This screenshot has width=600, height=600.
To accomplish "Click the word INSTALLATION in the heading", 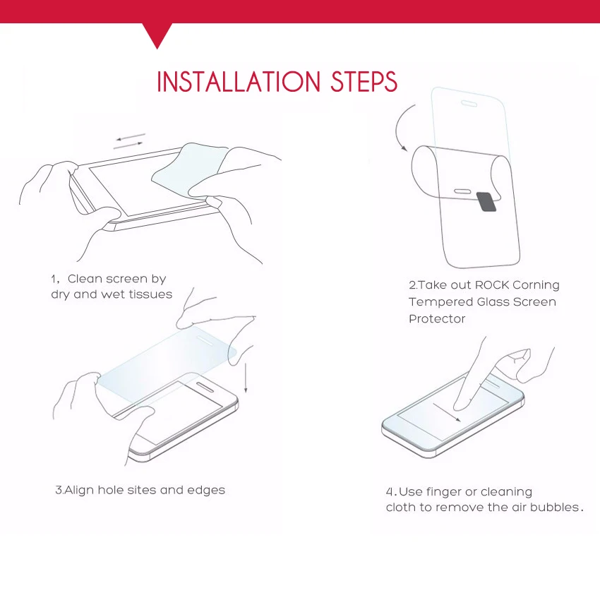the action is (x=239, y=81).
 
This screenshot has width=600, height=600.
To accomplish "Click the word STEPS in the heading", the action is (x=364, y=81).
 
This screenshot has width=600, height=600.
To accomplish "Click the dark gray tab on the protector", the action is (x=486, y=202).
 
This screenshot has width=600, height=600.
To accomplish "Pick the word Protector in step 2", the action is (x=437, y=319).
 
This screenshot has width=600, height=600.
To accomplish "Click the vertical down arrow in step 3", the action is (x=246, y=378).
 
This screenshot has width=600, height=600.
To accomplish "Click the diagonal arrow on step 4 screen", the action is (x=447, y=412).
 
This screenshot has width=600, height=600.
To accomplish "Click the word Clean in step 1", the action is (x=85, y=279).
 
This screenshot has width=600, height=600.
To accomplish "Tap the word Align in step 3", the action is (x=79, y=491).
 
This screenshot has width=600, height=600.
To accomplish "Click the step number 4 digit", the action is (x=390, y=492).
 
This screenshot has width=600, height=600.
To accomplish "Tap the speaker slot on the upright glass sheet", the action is (x=469, y=104).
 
